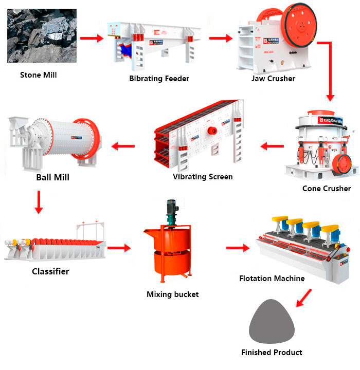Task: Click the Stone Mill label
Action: coord(39,75)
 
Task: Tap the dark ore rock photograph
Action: coord(42,36)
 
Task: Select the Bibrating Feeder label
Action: coord(159,79)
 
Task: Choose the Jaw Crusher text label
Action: coord(273,79)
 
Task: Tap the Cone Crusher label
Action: coord(327,189)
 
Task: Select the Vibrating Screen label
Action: coord(203,177)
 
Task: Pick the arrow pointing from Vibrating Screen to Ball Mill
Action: coord(123,147)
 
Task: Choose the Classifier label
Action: coord(50,271)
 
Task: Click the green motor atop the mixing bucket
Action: coord(171,211)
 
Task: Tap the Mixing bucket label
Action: coord(172,294)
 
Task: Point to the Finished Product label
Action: coord(272,353)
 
